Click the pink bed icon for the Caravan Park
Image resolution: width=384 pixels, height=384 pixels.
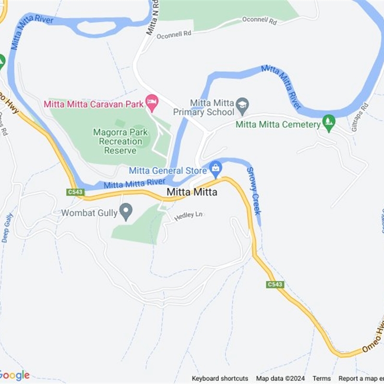[152, 101]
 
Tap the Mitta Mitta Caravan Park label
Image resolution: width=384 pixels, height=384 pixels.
[94, 104]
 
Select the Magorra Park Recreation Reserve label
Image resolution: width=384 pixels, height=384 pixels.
[118, 141]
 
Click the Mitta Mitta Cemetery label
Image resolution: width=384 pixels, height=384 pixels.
[278, 125]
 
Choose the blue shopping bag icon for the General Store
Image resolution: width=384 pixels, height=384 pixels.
[216, 168]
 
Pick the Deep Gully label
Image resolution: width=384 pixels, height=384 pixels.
[8, 227]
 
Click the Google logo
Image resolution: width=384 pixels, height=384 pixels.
[14, 375]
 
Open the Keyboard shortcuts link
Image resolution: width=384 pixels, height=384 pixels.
[220, 378]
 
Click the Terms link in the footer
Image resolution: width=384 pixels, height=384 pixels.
[322, 378]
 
